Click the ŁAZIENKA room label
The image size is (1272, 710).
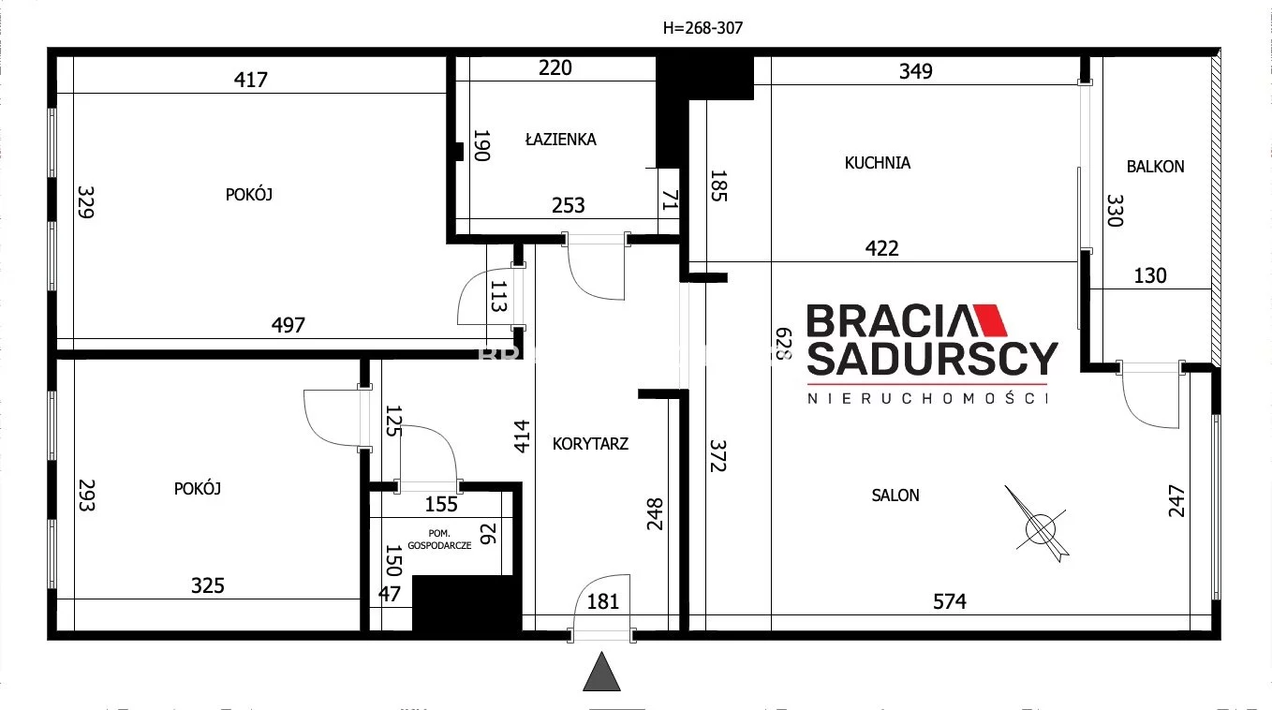click(x=560, y=140)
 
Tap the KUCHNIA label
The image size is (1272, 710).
click(x=877, y=163)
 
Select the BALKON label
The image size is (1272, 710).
click(x=1155, y=167)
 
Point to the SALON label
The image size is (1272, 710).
click(x=895, y=496)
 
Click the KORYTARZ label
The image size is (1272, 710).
click(x=590, y=444)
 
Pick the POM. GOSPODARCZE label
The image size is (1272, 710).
click(x=444, y=538)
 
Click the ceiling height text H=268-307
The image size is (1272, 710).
click(x=703, y=28)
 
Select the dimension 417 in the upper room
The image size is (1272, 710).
click(x=250, y=80)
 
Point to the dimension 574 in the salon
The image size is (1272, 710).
click(x=949, y=601)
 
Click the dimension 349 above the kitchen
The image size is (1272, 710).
click(x=915, y=70)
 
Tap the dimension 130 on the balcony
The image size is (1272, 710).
click(x=1150, y=275)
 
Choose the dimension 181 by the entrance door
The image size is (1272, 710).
click(x=603, y=601)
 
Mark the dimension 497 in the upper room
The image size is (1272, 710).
click(x=288, y=325)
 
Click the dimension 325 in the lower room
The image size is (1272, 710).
click(x=208, y=585)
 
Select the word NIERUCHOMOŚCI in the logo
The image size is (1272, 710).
click(x=928, y=398)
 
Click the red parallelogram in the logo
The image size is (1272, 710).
click(x=988, y=320)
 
